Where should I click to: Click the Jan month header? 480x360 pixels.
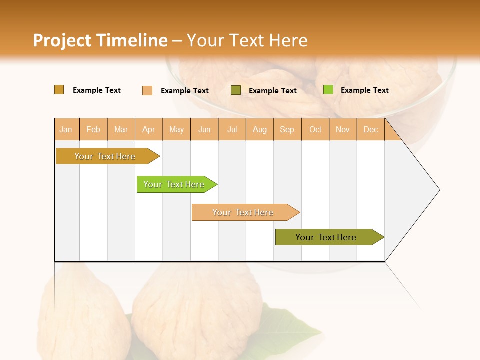pyautogui.click(x=66, y=129)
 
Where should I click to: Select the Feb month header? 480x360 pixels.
pyautogui.click(x=93, y=129)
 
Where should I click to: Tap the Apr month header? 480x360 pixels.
pyautogui.click(x=148, y=129)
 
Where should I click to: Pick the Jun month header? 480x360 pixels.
pyautogui.click(x=204, y=129)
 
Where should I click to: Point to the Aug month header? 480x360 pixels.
pyautogui.click(x=259, y=129)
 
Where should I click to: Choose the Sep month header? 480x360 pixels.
pyautogui.click(x=287, y=129)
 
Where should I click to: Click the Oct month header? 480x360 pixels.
pyautogui.click(x=315, y=129)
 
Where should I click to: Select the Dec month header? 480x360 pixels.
pyautogui.click(x=370, y=129)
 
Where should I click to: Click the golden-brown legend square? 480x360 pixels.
pyautogui.click(x=59, y=90)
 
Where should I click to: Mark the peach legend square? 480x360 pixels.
pyautogui.click(x=147, y=90)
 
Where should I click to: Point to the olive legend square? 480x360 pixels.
pyautogui.click(x=236, y=90)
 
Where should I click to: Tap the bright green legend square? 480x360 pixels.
pyautogui.click(x=328, y=90)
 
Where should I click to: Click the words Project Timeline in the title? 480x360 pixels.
pyautogui.click(x=100, y=40)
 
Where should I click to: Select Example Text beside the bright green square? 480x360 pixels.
pyautogui.click(x=364, y=90)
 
